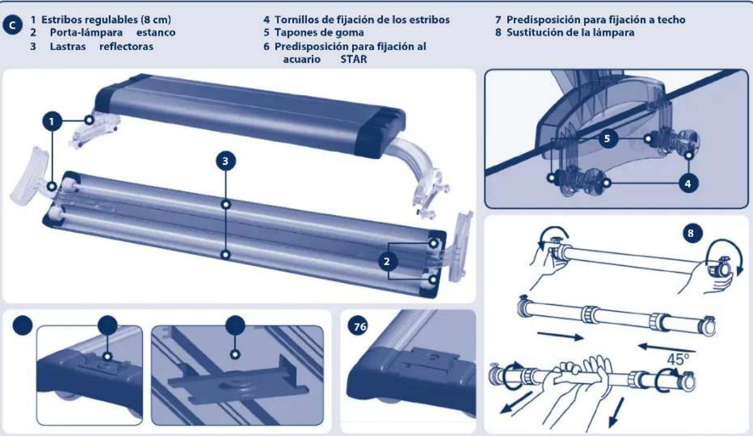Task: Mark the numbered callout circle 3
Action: [225, 160]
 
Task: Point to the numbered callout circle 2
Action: [388, 261]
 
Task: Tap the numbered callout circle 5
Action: [609, 139]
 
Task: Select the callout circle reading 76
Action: [358, 326]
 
